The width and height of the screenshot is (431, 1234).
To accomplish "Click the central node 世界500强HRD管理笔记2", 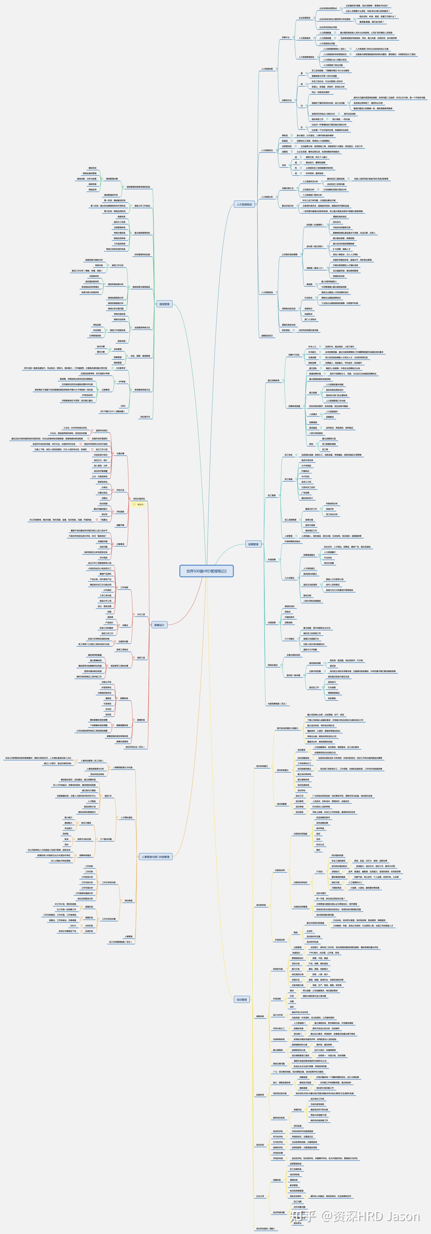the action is [206, 571].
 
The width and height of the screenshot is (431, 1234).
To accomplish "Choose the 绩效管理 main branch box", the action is [164, 304].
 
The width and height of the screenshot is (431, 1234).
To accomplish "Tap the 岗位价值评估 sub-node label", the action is [139, 499].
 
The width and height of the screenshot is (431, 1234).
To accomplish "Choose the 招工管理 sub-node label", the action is [271, 495].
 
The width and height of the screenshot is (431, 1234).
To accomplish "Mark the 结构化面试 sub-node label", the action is [272, 665].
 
